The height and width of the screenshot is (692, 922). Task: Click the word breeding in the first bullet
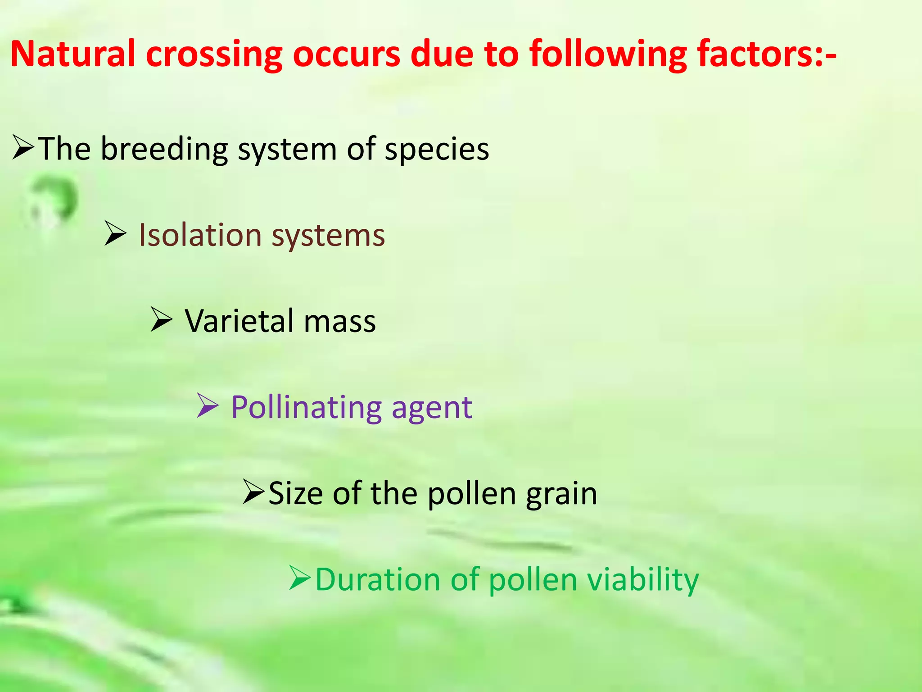(x=164, y=149)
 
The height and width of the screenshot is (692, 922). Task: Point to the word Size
(x=295, y=493)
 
